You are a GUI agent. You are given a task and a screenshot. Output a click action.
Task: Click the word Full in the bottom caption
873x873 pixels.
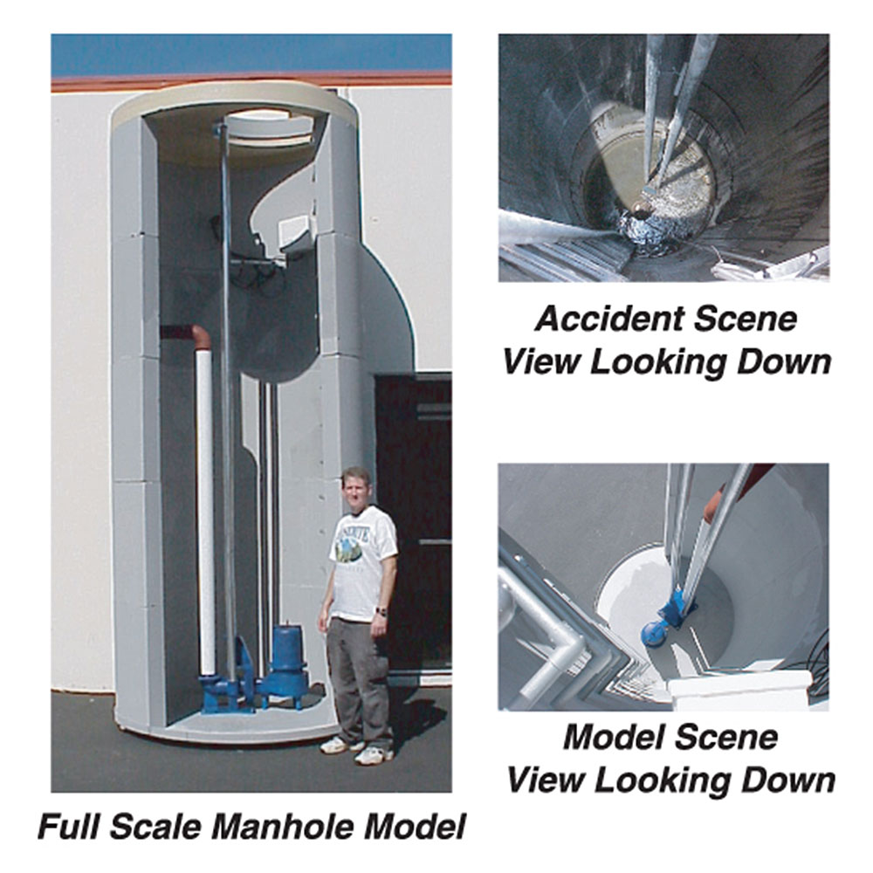[x=72, y=825]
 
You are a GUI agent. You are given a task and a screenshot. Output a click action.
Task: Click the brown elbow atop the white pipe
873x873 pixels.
[x=200, y=336]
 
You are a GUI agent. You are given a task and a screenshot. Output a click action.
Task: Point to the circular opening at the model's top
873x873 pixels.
[x=266, y=124]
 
